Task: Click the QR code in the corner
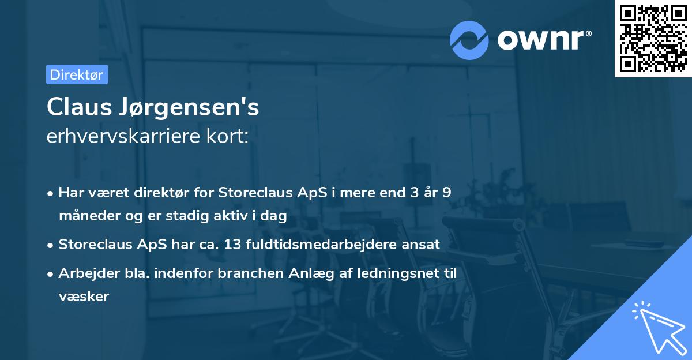[653, 39]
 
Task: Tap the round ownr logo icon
[469, 40]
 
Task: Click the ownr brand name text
[544, 39]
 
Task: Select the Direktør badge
[77, 75]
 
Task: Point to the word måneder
[85, 216]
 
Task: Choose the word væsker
[84, 297]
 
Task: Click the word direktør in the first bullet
[165, 193]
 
